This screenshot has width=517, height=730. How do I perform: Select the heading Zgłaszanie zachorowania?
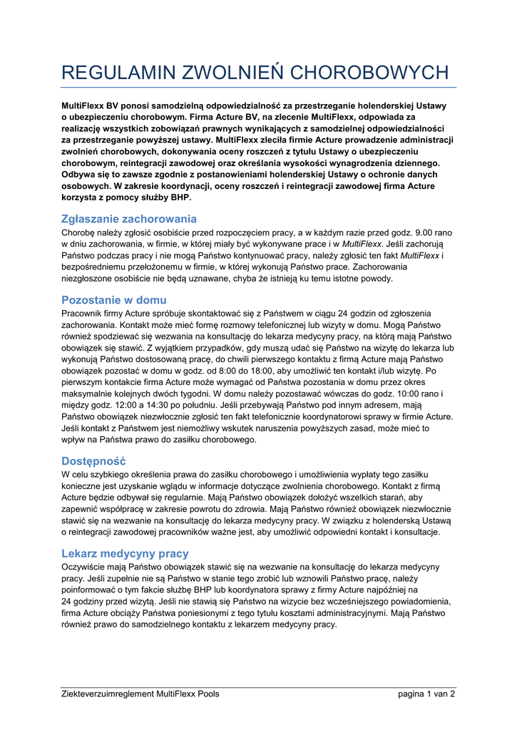[129, 219]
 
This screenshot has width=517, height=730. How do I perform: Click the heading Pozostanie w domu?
[114, 300]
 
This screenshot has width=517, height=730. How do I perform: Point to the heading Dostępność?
[93, 461]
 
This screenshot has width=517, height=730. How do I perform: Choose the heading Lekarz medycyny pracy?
[125, 553]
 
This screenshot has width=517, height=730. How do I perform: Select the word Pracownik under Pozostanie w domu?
[85, 314]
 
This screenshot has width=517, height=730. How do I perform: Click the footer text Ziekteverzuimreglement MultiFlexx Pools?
[140, 694]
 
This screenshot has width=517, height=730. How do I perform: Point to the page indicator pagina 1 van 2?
[426, 694]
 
